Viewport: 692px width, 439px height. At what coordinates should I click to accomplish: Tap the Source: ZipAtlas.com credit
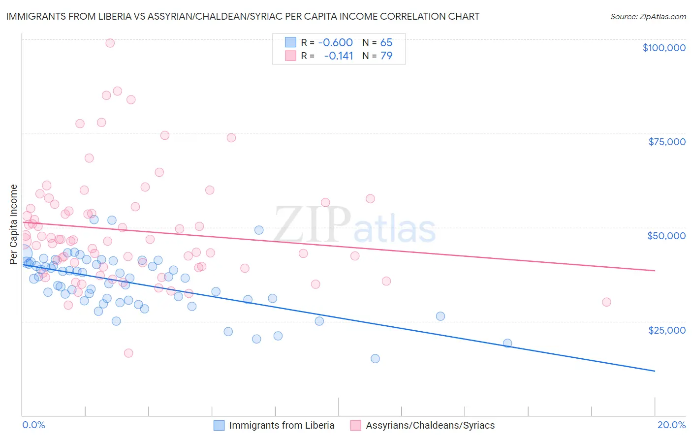click(648, 16)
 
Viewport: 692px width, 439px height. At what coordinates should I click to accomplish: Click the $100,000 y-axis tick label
click(663, 48)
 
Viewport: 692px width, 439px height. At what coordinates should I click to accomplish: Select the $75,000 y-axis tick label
click(666, 142)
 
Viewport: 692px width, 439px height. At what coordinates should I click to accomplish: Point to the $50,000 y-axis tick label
click(666, 236)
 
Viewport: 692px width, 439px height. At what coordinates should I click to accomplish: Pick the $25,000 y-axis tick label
click(666, 330)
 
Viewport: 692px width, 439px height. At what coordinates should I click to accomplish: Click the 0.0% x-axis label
click(33, 425)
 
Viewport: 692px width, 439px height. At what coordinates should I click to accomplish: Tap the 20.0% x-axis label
click(671, 425)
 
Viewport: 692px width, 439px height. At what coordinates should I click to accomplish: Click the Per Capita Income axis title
click(14, 224)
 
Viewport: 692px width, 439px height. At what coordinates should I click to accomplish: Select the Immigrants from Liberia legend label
click(282, 425)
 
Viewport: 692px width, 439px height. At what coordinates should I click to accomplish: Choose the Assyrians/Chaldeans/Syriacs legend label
click(430, 425)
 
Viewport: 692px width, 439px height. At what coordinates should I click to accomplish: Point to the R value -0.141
click(339, 56)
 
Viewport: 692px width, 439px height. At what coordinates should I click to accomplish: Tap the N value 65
click(386, 43)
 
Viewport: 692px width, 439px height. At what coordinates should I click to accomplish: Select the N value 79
click(386, 56)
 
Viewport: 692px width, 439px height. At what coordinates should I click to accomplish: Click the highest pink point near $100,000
click(110, 43)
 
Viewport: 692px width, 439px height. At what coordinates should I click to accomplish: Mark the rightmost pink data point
click(606, 302)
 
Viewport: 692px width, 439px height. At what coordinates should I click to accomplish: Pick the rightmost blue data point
click(507, 343)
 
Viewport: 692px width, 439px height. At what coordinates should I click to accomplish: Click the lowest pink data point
click(128, 353)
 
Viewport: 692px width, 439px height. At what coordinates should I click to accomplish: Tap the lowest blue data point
click(375, 358)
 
